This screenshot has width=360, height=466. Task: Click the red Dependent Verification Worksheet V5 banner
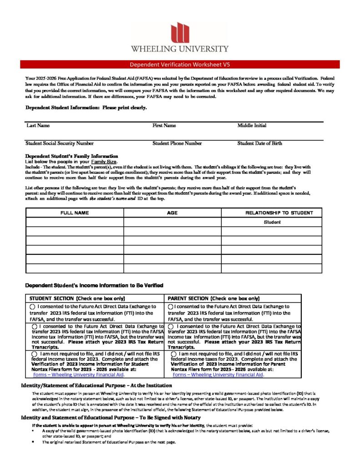pyautogui.click(x=180, y=64)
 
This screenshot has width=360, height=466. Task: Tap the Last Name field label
pyautogui.click(x=38, y=125)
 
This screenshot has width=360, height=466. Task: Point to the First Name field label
pyautogui.click(x=164, y=125)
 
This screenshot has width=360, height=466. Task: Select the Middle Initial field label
pyautogui.click(x=252, y=125)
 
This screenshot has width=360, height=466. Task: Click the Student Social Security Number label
pyautogui.click(x=60, y=143)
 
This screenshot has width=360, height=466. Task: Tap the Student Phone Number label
pyautogui.click(x=177, y=143)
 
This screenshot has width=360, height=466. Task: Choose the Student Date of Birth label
pyautogui.click(x=259, y=143)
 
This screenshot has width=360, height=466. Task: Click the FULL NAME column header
pyautogui.click(x=75, y=213)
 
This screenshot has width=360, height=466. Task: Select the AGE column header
pyautogui.click(x=172, y=213)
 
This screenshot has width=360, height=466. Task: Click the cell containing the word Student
pyautogui.click(x=272, y=222)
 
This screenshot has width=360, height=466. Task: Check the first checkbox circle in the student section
pyautogui.click(x=32, y=307)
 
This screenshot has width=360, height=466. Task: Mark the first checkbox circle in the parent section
pyautogui.click(x=171, y=307)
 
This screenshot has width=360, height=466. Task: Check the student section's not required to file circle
pyautogui.click(x=35, y=353)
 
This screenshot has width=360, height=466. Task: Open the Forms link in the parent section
pyautogui.click(x=218, y=375)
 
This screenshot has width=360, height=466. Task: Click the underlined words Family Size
pyautogui.click(x=104, y=162)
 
